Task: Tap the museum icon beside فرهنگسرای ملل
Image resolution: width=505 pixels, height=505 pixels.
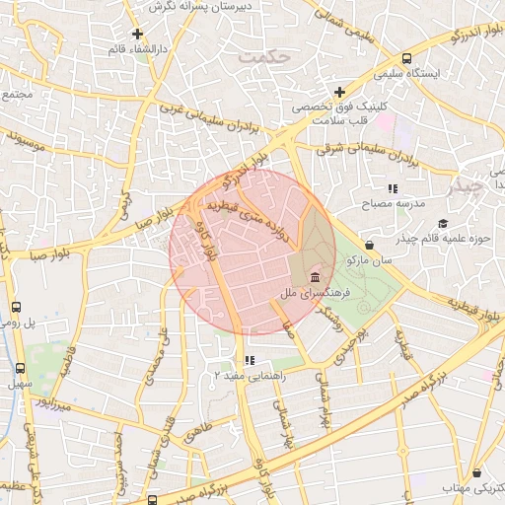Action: (315, 275)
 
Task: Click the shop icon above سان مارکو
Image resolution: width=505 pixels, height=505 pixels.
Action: (370, 245)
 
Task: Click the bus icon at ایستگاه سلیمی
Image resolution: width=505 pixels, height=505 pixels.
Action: (407, 58)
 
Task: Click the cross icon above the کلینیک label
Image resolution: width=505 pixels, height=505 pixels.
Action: (339, 92)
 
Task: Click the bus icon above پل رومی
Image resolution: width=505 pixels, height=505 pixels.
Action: (16, 307)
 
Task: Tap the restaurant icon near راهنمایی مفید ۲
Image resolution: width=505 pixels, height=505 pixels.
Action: (249, 360)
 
